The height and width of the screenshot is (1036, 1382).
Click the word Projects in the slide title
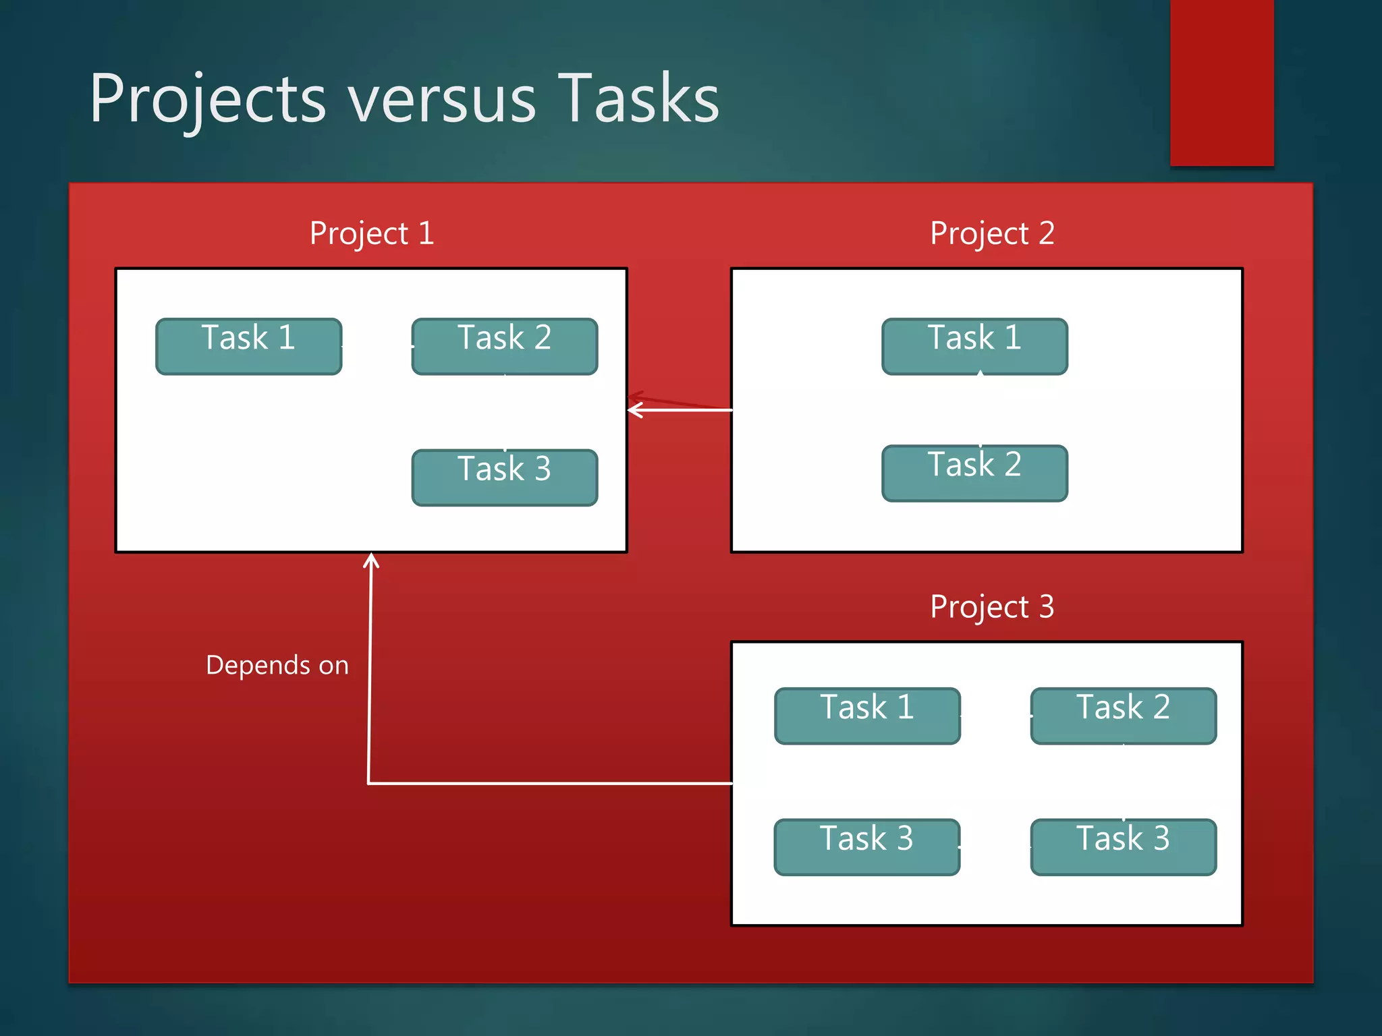click(208, 100)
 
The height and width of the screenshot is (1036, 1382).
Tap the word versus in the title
click(442, 101)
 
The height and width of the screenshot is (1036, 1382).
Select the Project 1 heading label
click(372, 233)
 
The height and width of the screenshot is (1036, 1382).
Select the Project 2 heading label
click(992, 233)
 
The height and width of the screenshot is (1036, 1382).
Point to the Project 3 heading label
click(992, 606)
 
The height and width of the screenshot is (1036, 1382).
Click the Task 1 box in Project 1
click(249, 346)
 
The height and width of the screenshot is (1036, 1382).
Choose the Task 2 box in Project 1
click(505, 346)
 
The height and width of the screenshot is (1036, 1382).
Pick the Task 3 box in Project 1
click(505, 478)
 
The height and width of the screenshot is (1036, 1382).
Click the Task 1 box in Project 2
click(974, 346)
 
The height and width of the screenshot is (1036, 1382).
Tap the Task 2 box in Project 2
click(974, 473)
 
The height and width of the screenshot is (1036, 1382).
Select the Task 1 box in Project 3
click(867, 716)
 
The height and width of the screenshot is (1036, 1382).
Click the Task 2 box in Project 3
click(1123, 716)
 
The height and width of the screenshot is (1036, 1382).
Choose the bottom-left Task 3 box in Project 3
click(867, 847)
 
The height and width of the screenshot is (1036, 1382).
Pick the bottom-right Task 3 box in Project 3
click(1123, 847)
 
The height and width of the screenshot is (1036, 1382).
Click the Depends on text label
click(277, 665)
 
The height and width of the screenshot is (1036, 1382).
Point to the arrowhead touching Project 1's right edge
click(635, 409)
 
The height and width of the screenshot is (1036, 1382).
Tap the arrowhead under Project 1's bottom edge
click(371, 561)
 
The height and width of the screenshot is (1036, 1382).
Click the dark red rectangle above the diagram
click(1221, 81)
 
